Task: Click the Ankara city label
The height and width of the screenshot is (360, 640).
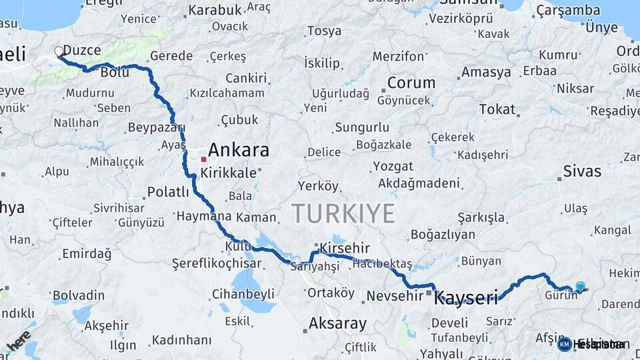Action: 238,149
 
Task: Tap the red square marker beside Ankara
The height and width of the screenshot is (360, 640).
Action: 203,159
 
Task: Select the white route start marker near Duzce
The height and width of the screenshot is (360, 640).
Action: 59,51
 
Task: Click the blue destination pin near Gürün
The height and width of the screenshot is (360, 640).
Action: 580,287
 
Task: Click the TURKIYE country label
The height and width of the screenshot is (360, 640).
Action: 343,213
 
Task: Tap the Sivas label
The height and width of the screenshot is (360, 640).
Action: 582,171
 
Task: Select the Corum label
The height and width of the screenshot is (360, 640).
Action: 411,83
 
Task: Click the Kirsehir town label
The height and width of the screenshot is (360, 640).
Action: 344,248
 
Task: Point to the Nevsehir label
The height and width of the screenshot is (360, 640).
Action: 391,295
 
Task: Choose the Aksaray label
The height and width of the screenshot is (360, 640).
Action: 337,324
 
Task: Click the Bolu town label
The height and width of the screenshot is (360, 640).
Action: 115,73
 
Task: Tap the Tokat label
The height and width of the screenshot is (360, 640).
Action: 497,109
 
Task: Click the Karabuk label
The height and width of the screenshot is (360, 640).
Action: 215,11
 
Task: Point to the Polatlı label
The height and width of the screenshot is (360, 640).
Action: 168,192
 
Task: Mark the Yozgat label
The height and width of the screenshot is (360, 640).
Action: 393,166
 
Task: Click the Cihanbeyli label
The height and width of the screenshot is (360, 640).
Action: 243,293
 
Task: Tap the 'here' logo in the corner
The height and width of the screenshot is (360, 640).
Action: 18,341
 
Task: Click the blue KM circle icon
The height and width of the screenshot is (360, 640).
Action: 564,344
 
